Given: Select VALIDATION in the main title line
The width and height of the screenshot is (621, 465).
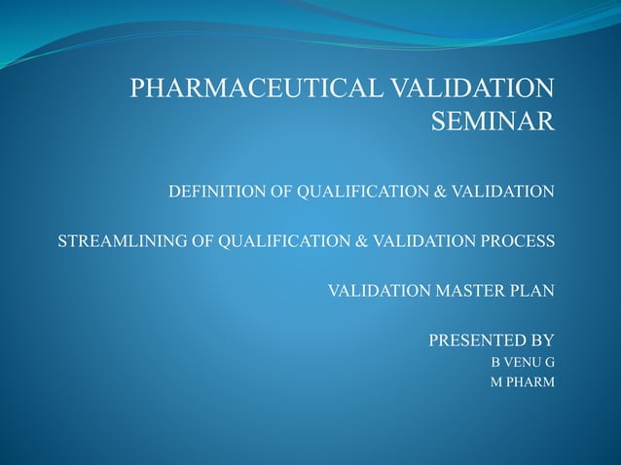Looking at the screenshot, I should pyautogui.click(x=472, y=90).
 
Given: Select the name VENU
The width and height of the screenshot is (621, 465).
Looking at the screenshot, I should pyautogui.click(x=523, y=363).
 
